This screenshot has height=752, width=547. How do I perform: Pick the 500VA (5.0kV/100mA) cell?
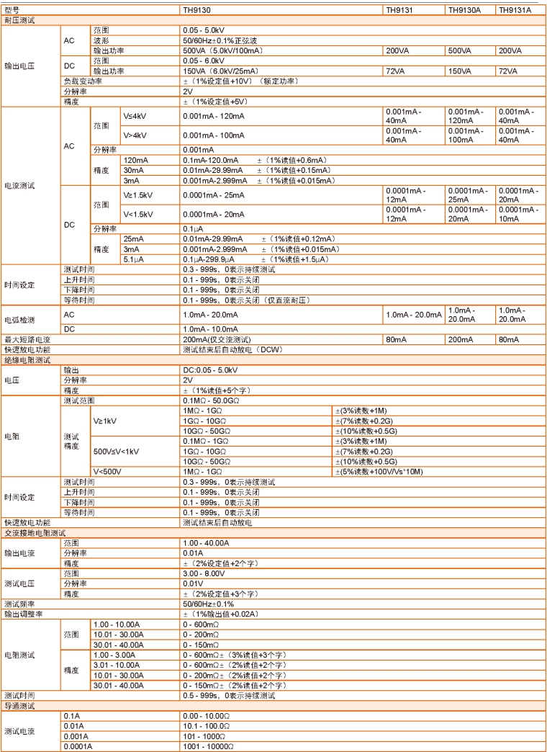pos(222,51)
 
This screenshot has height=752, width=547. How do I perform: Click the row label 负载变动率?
pos(82,81)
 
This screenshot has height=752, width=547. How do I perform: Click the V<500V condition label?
pos(109,471)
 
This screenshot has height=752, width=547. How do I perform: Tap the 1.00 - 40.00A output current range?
pos(206,542)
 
